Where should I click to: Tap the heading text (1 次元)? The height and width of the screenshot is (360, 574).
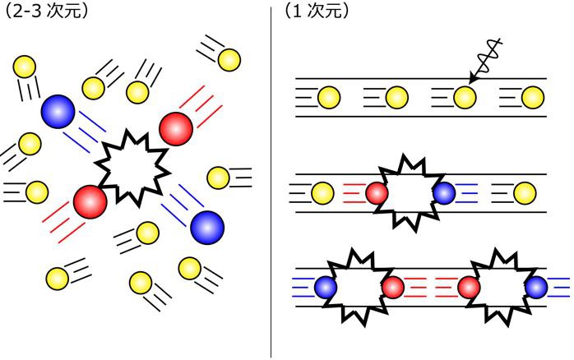pos(317,12)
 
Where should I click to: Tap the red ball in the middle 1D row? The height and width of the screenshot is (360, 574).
pos(376,193)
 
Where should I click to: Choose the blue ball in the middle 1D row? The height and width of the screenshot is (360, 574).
pos(443,193)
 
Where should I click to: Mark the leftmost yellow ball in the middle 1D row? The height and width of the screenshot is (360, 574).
pos(322,193)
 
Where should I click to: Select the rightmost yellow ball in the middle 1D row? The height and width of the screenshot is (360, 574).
pos(524,193)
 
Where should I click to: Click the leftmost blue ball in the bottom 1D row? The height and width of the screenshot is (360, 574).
pos(326,287)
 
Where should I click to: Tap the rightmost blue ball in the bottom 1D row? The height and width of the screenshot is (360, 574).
pos(538,287)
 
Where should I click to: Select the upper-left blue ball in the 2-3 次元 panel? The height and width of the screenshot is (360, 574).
pos(58,108)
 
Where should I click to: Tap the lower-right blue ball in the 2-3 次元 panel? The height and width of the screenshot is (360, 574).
pos(206,226)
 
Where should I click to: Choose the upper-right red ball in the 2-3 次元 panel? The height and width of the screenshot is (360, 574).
pos(176,127)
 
